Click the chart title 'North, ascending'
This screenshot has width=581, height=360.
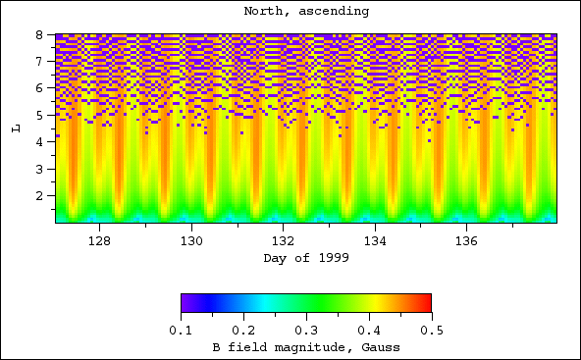click(x=306, y=11)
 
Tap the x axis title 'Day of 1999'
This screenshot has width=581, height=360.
click(x=306, y=258)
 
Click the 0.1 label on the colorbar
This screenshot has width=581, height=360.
click(x=181, y=332)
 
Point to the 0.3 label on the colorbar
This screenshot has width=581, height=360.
click(x=306, y=332)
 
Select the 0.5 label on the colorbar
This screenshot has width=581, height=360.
click(x=431, y=332)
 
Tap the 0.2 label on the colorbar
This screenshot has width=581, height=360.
click(x=243, y=332)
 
